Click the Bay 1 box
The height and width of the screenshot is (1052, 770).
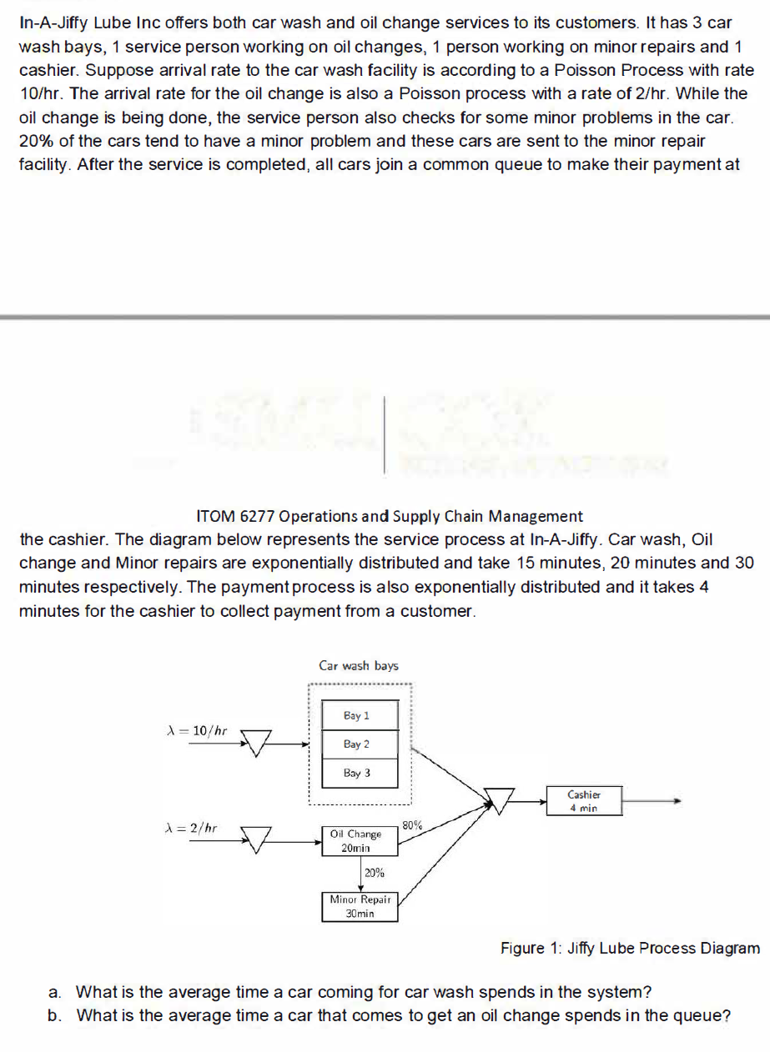point(356,716)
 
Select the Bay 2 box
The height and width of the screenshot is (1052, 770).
point(356,744)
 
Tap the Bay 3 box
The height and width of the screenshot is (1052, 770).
point(356,773)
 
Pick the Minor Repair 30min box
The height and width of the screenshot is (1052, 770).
point(360,906)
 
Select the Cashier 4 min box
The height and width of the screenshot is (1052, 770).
point(584,801)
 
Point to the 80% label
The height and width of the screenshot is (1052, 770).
point(412,826)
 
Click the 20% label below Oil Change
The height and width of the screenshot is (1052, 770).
point(374,873)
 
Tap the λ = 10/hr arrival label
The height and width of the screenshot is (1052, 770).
point(198,731)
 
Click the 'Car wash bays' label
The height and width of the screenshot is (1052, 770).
point(359,666)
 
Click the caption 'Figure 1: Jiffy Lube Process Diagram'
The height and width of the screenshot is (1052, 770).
point(630,948)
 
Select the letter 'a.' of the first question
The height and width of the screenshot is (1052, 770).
point(54,992)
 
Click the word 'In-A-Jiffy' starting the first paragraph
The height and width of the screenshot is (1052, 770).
point(51,23)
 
